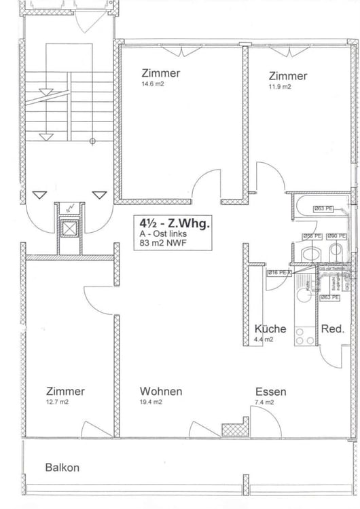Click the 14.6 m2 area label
point(153,86)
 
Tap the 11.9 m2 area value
point(279,87)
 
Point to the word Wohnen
point(161,392)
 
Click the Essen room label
point(270,392)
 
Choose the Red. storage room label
point(333,328)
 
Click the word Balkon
point(62,468)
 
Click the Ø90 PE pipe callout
point(336,236)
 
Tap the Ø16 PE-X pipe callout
point(279,273)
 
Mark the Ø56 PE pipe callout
point(312,236)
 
